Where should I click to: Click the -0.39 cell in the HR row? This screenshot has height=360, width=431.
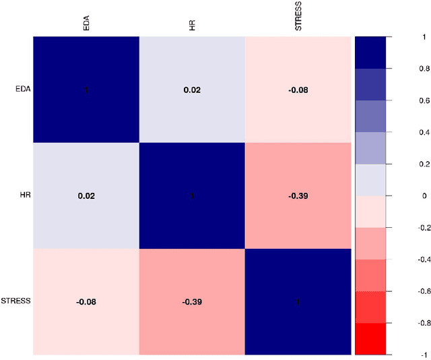(298, 196)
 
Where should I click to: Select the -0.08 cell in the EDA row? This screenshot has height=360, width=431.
(298, 89)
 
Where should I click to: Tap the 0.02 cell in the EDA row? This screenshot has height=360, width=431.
(192, 89)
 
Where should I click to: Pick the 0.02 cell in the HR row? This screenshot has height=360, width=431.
(86, 196)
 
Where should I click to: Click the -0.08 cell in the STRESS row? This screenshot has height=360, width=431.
(86, 301)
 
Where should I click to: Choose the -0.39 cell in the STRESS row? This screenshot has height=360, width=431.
(192, 301)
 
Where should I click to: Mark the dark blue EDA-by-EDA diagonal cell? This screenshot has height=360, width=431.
(86, 89)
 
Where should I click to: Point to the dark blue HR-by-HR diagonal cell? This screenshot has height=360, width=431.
(192, 196)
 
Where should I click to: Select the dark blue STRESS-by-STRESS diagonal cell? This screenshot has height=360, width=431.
(298, 301)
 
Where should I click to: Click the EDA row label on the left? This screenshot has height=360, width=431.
(22, 89)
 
